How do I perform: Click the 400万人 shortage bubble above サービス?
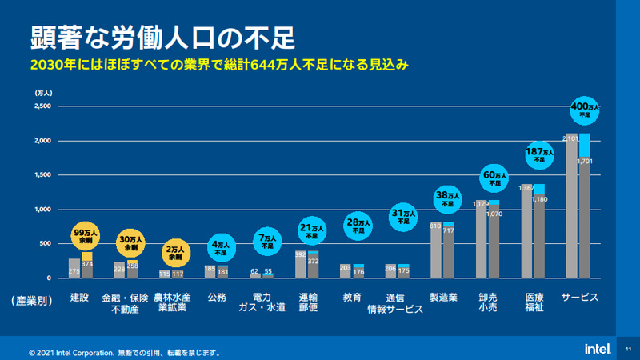pos(584,110)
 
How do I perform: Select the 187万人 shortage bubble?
pos(539,155)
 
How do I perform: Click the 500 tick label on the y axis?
pos(45,243)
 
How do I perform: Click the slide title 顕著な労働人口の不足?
pos(163,37)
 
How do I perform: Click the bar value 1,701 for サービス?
pos(584,161)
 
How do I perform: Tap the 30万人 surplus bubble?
pos(132,242)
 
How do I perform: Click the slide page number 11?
pos(628,348)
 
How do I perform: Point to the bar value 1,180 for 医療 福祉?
pos(539,199)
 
